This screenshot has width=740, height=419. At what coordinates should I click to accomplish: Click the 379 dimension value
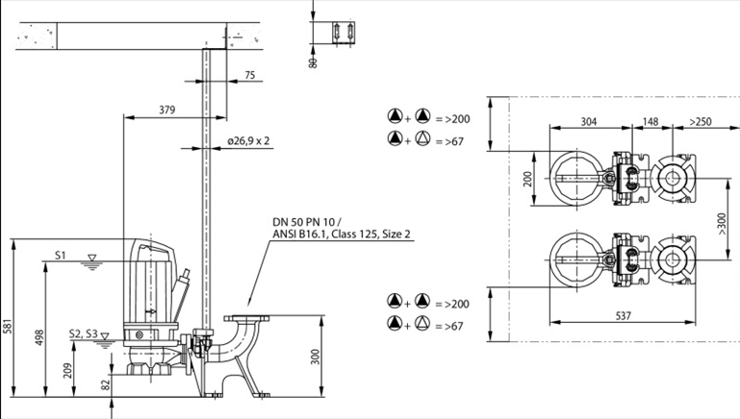[166, 111]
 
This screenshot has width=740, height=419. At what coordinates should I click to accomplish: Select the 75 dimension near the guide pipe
[249, 75]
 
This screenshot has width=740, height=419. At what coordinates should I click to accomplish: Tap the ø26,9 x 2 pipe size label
[248, 140]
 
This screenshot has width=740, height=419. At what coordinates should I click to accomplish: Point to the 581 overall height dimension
[9, 326]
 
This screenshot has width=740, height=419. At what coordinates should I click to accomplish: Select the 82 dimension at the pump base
[106, 383]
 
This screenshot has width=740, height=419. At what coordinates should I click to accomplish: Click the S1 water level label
[61, 256]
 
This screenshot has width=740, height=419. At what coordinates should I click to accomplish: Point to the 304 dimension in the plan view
[589, 122]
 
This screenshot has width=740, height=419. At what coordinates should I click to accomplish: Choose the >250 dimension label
[701, 122]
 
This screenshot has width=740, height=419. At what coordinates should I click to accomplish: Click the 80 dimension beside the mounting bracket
[312, 62]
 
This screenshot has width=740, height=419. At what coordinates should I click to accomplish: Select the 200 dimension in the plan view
[526, 180]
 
